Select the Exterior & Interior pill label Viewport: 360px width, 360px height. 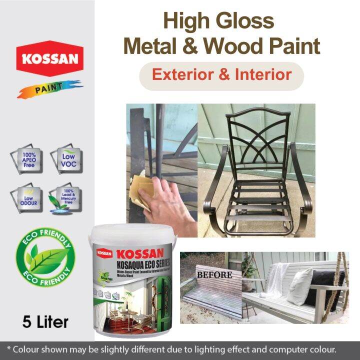click(221, 75)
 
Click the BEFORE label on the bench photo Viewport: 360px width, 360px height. click(214, 274)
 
